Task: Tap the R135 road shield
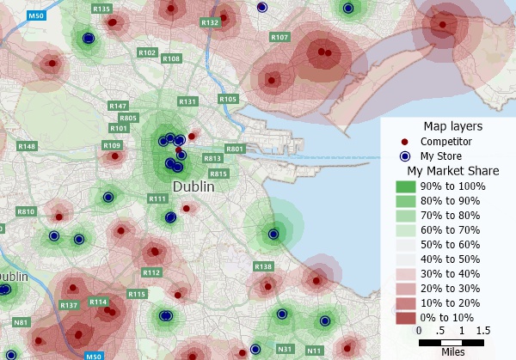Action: pos(101,9)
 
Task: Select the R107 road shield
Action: pos(279,38)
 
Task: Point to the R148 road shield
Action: pos(27,147)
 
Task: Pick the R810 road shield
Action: pos(26,211)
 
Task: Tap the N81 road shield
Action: pos(21,322)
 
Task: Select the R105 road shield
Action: pos(228,100)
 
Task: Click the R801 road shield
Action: pos(235,149)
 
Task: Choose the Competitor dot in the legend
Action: pos(405,141)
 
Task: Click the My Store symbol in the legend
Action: pos(405,156)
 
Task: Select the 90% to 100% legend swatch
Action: pos(405,186)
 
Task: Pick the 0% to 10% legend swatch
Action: pos(405,318)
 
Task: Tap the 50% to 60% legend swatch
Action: pos(405,245)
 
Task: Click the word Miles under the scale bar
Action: pos(452,351)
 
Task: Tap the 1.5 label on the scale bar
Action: pos(482,331)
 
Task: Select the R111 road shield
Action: pos(157,199)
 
